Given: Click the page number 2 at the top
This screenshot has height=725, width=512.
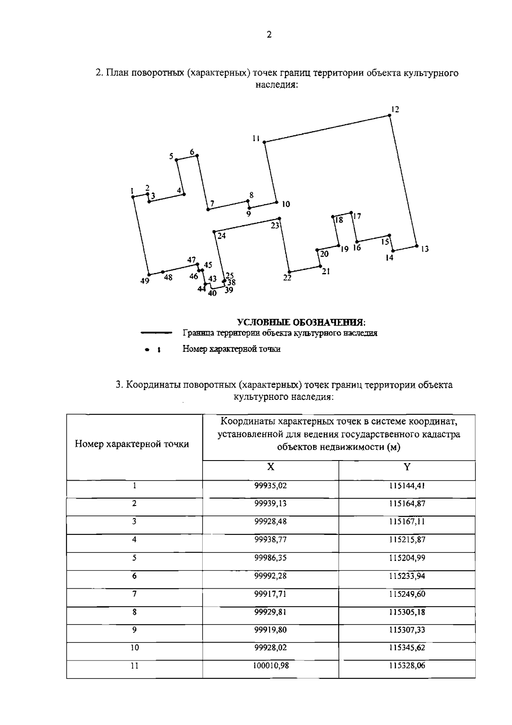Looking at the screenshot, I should pyautogui.click(x=269, y=35).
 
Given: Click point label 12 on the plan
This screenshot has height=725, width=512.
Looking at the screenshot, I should pyautogui.click(x=395, y=109).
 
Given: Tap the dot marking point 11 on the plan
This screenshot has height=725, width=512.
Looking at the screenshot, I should pyautogui.click(x=265, y=142).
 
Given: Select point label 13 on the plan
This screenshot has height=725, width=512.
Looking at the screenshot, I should pyautogui.click(x=425, y=249).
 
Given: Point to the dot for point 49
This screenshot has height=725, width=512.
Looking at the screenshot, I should pyautogui.click(x=148, y=275).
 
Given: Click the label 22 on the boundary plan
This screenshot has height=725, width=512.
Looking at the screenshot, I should pyautogui.click(x=287, y=278).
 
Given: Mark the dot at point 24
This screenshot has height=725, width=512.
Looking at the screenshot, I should pyautogui.click(x=214, y=232).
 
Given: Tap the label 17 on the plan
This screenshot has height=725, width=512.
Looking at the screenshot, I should pyautogui.click(x=357, y=216).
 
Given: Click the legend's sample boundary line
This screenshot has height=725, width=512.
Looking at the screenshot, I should pyautogui.click(x=156, y=333).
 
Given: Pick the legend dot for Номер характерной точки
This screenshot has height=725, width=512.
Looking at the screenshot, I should pyautogui.click(x=147, y=349).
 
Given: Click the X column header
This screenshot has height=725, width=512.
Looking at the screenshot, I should pyautogui.click(x=271, y=467).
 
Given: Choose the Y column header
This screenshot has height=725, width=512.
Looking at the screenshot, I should pyautogui.click(x=407, y=467).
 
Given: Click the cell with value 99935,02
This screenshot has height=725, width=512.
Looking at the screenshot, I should pyautogui.click(x=271, y=486).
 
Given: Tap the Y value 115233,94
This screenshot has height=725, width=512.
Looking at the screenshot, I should pyautogui.click(x=407, y=576).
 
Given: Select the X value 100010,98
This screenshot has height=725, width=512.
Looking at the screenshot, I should pyautogui.click(x=271, y=666).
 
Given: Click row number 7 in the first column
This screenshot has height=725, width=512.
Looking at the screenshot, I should pyautogui.click(x=134, y=594).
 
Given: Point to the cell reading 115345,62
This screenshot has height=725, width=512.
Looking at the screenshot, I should pyautogui.click(x=407, y=648).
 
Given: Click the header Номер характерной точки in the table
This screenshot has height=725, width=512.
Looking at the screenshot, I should pyautogui.click(x=132, y=444).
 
